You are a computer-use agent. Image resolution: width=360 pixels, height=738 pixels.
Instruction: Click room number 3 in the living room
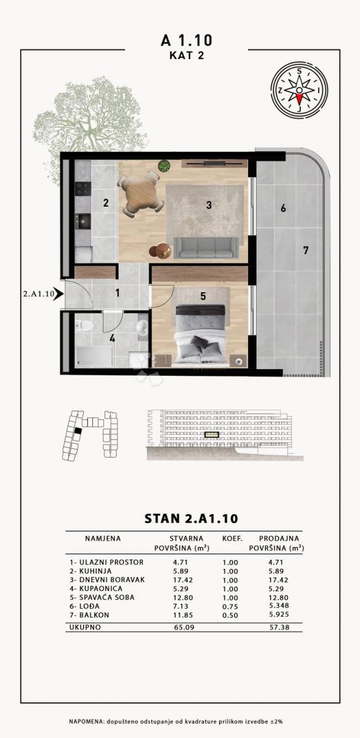pyautogui.click(x=209, y=205)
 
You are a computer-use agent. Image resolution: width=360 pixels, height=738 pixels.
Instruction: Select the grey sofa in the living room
pyautogui.click(x=204, y=247)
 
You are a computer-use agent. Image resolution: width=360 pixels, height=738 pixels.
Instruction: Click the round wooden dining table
pyautogui.click(x=138, y=194)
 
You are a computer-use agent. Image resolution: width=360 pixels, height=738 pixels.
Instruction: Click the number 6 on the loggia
pyautogui.click(x=283, y=208)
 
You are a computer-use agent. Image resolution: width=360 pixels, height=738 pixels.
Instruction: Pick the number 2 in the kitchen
pyautogui.click(x=106, y=203)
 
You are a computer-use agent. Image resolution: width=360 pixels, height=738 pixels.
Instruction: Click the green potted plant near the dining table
pyautogui.click(x=164, y=165)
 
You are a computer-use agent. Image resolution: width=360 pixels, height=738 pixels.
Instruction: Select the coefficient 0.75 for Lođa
pyautogui.click(x=231, y=606)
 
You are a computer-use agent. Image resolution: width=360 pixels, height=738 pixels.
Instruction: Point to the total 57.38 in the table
pyautogui.click(x=277, y=628)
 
